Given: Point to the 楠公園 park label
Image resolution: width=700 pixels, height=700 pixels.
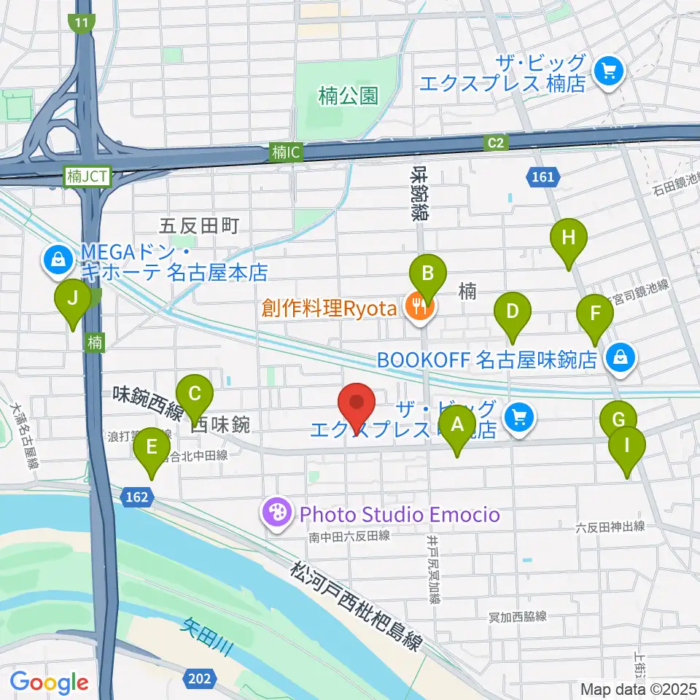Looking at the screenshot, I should coord(349,96).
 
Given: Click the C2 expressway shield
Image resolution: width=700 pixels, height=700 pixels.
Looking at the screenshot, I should coord(497,143).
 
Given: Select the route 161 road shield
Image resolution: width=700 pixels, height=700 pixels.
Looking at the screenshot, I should coord(542,176).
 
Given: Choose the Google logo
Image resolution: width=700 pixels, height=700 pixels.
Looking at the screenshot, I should coord(49,682).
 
